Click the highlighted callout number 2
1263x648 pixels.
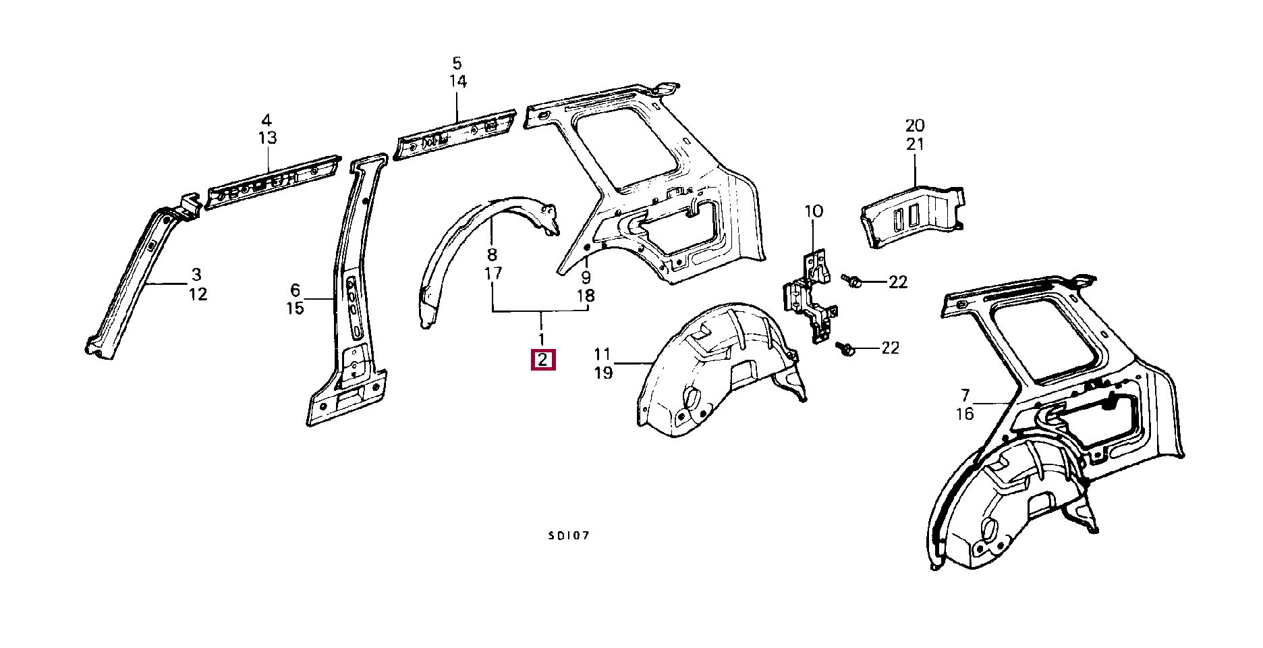tap(543, 360)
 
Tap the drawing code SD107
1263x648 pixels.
tap(569, 536)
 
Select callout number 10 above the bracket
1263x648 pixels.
tap(814, 211)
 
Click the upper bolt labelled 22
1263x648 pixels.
tap(851, 280)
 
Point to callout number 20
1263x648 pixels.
tap(915, 126)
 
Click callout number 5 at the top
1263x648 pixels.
tap(457, 63)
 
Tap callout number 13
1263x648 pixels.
tap(267, 138)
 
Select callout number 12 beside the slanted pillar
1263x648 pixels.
tap(198, 294)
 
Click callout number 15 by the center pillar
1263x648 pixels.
tap(296, 308)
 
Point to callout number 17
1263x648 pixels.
tap(493, 273)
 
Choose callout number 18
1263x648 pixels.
tap(586, 296)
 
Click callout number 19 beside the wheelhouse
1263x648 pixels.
tap(603, 373)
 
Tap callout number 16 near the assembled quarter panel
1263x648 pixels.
tap(965, 414)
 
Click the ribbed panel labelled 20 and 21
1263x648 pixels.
tap(913, 216)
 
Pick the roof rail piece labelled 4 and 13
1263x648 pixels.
tap(273, 182)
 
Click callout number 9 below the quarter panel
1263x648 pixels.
tap(586, 277)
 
